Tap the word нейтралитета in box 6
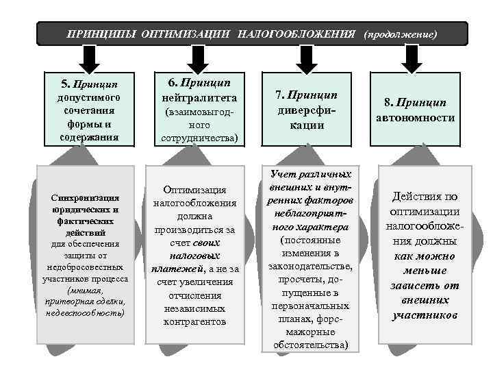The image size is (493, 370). [x=198, y=96]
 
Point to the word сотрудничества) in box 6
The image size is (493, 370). [x=199, y=138]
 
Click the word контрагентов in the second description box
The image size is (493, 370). [x=199, y=321]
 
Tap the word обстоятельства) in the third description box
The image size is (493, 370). [x=310, y=345]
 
